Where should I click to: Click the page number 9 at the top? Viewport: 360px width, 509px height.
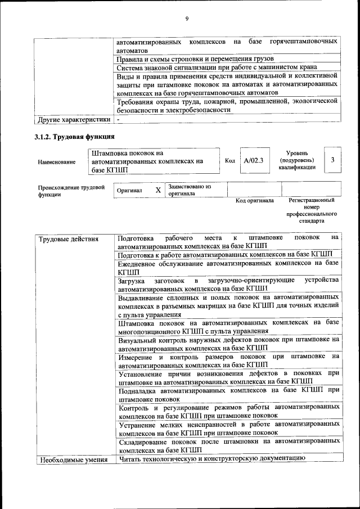tap(187, 19)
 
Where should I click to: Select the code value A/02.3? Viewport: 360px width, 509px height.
tap(254, 161)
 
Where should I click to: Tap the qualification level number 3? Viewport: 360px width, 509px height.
tap(333, 161)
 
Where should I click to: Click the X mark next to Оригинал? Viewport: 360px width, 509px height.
tap(158, 191)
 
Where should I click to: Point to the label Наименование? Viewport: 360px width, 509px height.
tap(57, 163)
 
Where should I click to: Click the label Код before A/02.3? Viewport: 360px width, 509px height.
tap(229, 161)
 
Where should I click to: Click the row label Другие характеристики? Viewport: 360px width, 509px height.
tap(73, 120)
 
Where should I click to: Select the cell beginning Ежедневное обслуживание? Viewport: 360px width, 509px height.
tap(228, 267)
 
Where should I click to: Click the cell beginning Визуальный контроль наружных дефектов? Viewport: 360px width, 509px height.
tap(228, 344)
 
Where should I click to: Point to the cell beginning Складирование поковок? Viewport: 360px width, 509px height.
tap(228, 446)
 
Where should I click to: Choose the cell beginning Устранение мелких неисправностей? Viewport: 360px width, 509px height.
tap(228, 429)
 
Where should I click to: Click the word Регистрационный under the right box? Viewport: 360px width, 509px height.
tap(312, 200)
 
